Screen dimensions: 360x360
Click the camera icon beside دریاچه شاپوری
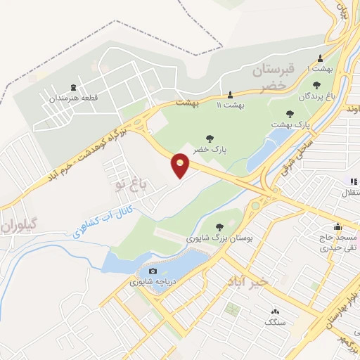[153, 271]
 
